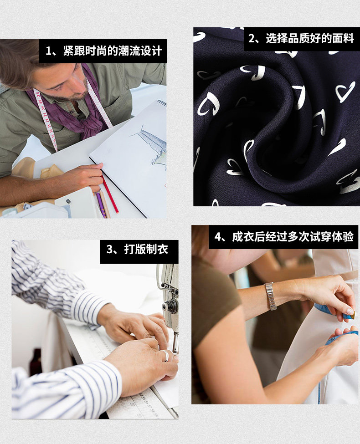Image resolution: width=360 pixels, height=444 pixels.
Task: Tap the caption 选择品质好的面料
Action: pos(310,39)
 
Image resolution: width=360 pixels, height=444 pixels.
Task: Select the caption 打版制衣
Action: pos(146,250)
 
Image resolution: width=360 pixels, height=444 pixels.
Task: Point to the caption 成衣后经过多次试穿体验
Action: pos(293,237)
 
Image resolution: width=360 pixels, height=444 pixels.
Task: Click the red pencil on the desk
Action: pos(110,194)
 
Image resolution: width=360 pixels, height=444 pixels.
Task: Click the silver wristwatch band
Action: pos(271,296)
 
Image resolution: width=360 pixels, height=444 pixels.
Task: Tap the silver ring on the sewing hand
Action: pos(165,356)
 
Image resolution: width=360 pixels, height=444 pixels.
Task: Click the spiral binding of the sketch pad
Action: pos(162,102)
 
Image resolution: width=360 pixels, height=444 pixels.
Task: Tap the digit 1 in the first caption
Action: pos(49,51)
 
